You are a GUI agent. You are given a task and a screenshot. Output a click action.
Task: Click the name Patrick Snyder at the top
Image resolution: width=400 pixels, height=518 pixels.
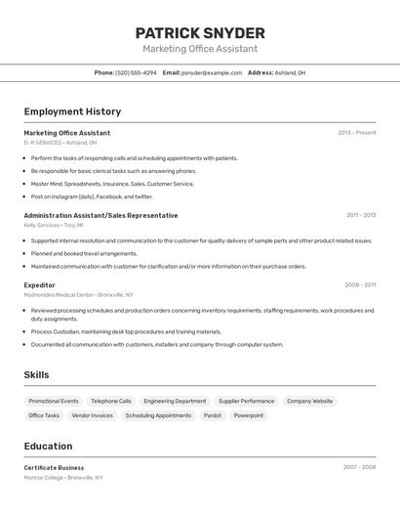pos(200,33)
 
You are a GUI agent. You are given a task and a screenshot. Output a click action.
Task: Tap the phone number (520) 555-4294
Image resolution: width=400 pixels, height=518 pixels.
pos(136,72)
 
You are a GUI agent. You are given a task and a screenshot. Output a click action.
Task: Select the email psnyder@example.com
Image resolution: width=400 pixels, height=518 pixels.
pos(211,72)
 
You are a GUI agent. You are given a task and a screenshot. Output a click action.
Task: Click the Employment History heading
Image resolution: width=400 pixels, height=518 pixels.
pos(72,111)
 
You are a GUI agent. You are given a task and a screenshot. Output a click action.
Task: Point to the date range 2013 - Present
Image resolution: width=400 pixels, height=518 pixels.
pos(356,133)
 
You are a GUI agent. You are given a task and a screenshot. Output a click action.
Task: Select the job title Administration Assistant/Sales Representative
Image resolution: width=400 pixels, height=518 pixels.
pos(100,215)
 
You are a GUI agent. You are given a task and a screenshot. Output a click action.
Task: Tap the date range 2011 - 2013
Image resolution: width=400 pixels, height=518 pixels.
pos(360,215)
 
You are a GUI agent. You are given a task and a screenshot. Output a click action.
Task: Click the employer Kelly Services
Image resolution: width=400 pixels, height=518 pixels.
pos(42,225)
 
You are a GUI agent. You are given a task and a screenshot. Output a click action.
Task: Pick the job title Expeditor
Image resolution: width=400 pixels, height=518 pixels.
pos(40,285)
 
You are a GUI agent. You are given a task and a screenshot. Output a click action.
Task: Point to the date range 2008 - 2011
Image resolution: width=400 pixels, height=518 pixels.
pos(360,285)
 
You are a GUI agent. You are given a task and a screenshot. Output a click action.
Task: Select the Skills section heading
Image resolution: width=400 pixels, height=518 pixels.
pos(36,375)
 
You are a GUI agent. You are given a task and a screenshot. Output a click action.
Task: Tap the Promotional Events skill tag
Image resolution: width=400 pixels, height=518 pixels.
pos(54,401)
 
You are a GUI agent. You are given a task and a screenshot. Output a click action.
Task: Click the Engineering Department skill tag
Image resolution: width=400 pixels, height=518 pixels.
pos(175,401)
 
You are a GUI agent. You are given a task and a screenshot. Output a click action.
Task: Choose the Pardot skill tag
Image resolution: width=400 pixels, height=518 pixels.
pos(212,415)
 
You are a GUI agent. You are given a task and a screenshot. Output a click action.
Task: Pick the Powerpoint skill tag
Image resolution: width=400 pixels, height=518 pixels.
pos(248,415)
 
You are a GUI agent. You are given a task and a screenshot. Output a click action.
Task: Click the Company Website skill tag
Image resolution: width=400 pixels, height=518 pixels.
pos(309,401)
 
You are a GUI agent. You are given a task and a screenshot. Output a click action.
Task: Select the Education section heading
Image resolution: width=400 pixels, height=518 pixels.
pos(48,446)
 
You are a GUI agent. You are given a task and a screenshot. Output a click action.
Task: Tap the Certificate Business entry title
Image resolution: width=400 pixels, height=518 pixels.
pos(54,467)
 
